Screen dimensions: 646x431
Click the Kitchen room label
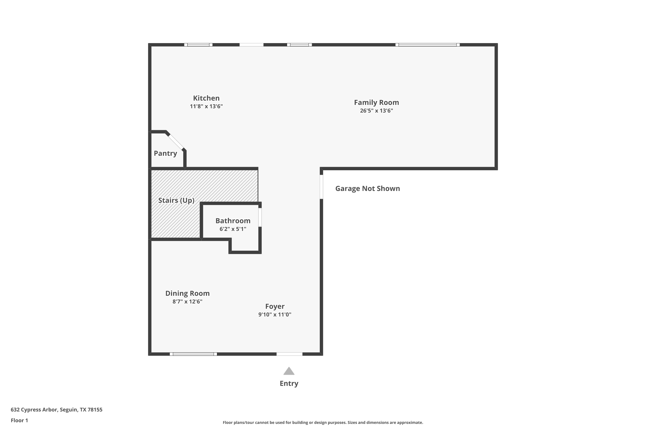tap(206, 98)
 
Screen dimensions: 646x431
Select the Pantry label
tap(165, 153)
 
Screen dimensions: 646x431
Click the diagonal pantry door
tap(176, 142)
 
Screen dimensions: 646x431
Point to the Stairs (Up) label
tap(176, 200)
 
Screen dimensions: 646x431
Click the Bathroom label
tap(233, 221)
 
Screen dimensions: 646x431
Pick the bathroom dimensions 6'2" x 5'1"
tap(233, 229)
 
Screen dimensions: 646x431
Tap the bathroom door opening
tap(260, 217)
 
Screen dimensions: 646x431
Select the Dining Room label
tap(187, 293)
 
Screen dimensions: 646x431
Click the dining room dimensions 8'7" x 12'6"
tap(187, 301)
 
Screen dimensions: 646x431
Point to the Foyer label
tap(275, 306)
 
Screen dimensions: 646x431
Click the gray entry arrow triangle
tap(289, 371)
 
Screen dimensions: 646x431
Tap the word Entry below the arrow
tap(289, 383)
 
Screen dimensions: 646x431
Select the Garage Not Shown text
tap(368, 189)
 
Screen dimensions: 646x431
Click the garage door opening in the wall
tap(321, 187)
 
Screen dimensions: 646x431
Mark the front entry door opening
tap(289, 354)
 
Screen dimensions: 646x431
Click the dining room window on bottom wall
tap(193, 354)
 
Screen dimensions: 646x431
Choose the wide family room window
tap(427, 45)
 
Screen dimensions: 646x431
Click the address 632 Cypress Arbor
tap(34, 410)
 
